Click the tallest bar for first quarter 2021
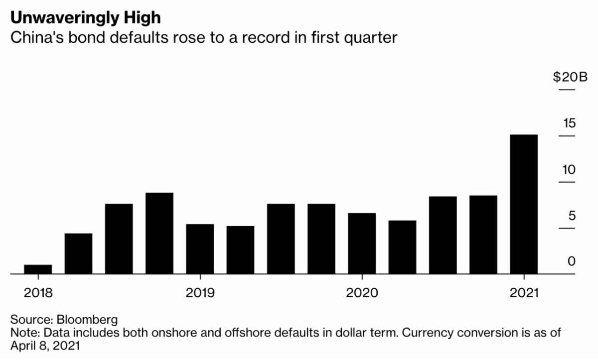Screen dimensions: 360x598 [x=524, y=204]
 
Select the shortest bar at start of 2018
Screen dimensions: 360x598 [x=38, y=269]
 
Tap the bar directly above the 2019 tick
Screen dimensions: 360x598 [x=200, y=249]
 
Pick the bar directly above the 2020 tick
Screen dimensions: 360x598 [x=362, y=243]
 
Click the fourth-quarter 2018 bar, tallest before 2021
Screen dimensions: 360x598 [x=159, y=233]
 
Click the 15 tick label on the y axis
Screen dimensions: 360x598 [x=569, y=123]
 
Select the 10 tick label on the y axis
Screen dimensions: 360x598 [x=569, y=169]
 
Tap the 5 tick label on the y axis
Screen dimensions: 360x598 [x=572, y=216]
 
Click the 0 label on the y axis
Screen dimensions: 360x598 [x=572, y=261]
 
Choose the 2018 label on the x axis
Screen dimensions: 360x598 [x=38, y=292]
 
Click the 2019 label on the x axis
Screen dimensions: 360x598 [x=200, y=292]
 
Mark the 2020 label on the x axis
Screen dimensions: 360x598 [x=362, y=292]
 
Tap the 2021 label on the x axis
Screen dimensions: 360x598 [x=524, y=292]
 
